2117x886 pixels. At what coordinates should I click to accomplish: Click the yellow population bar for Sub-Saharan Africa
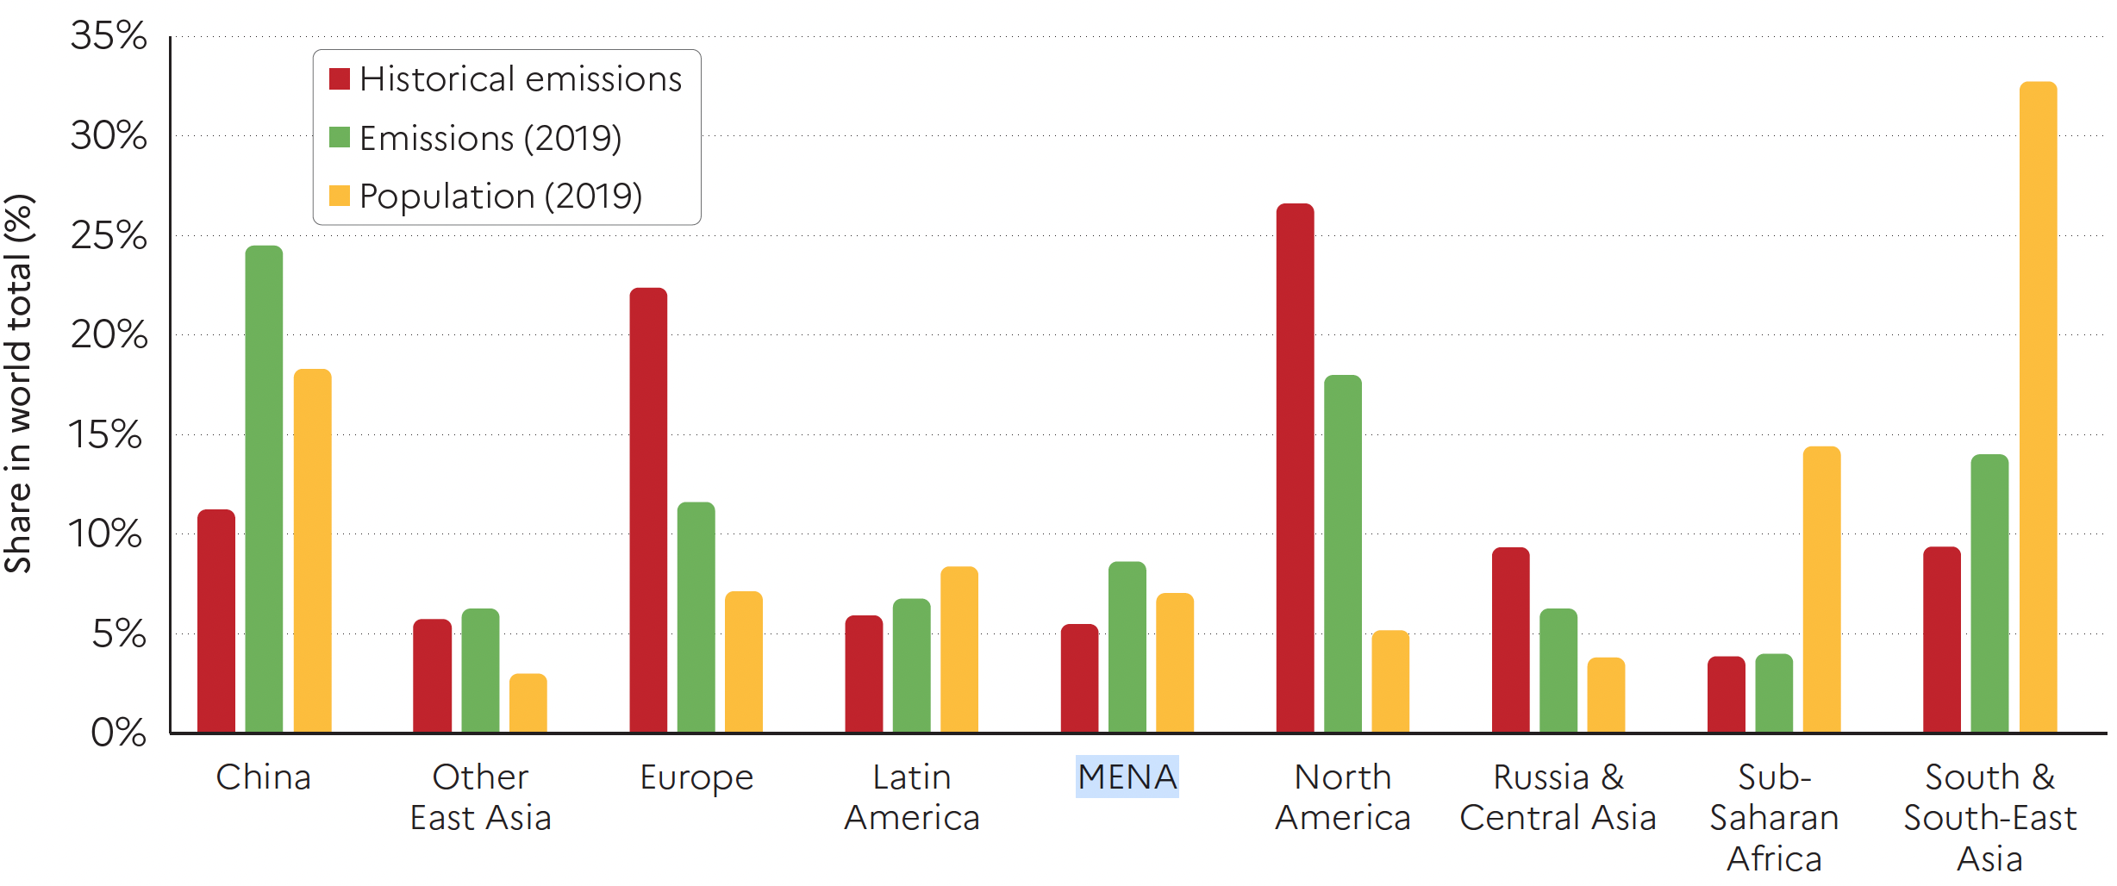pyautogui.click(x=1821, y=590)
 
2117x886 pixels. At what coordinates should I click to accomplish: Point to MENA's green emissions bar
pyautogui.click(x=1127, y=647)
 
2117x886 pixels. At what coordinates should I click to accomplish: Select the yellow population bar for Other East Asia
pyautogui.click(x=528, y=703)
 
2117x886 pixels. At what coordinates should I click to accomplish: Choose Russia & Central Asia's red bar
pyautogui.click(x=1510, y=640)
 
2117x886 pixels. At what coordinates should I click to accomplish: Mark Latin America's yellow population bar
pyautogui.click(x=959, y=650)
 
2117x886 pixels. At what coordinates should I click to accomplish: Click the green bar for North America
pyautogui.click(x=1343, y=554)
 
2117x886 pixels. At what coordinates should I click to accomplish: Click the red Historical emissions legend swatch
pyautogui.click(x=340, y=79)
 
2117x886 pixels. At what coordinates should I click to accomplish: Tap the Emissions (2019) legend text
pyautogui.click(x=490, y=138)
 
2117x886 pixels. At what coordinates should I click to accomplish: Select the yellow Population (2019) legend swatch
pyautogui.click(x=340, y=196)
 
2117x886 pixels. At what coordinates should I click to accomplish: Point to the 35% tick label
pyautogui.click(x=109, y=36)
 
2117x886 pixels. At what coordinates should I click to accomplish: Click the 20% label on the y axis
pyautogui.click(x=109, y=334)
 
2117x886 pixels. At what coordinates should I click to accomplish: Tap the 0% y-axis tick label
pyautogui.click(x=118, y=733)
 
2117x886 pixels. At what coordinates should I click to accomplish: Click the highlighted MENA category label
pyautogui.click(x=1127, y=777)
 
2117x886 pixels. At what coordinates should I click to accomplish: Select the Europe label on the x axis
pyautogui.click(x=696, y=777)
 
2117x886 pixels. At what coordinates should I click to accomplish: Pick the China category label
pyautogui.click(x=263, y=777)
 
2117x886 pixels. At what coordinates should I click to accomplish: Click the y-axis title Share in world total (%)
pyautogui.click(x=19, y=384)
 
